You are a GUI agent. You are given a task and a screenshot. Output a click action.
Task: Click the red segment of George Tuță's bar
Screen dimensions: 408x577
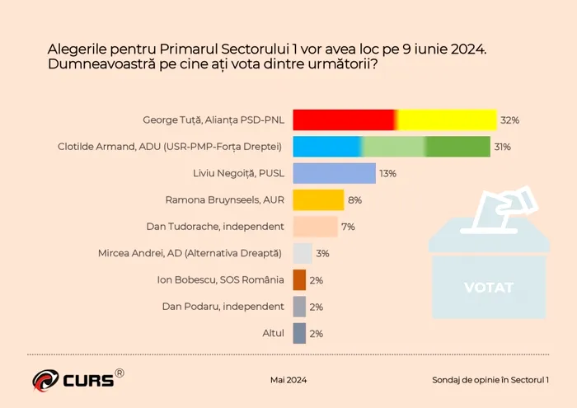tap(344, 120)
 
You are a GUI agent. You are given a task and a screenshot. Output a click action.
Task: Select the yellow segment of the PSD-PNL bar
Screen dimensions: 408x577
tap(447, 120)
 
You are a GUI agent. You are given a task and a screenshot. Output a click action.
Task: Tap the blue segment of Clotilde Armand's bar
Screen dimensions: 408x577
tap(327, 147)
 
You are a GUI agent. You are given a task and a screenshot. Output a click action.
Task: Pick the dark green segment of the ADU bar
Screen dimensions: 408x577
tap(458, 147)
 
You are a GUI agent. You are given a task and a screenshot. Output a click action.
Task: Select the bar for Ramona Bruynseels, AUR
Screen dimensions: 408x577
tap(318, 199)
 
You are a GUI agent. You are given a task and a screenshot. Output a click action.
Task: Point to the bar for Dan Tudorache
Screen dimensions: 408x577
tap(315, 227)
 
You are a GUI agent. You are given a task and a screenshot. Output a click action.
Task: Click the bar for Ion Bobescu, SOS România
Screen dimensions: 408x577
tap(300, 280)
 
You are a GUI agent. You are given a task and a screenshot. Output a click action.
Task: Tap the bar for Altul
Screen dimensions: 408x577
tap(300, 333)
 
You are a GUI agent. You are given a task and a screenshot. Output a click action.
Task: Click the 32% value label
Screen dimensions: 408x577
tap(509, 120)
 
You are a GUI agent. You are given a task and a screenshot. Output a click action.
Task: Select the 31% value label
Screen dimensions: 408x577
tap(503, 147)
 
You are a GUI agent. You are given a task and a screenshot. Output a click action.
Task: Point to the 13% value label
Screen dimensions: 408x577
tap(387, 173)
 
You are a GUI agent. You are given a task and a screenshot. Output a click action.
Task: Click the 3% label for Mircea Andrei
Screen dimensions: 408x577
tap(322, 254)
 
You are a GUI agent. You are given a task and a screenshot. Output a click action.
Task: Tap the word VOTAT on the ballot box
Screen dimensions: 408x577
tap(488, 288)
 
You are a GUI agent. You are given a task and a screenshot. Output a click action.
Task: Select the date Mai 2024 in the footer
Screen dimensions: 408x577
tap(288, 380)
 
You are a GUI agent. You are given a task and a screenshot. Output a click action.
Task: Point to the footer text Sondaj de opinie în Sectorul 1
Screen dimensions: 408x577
tap(491, 380)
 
